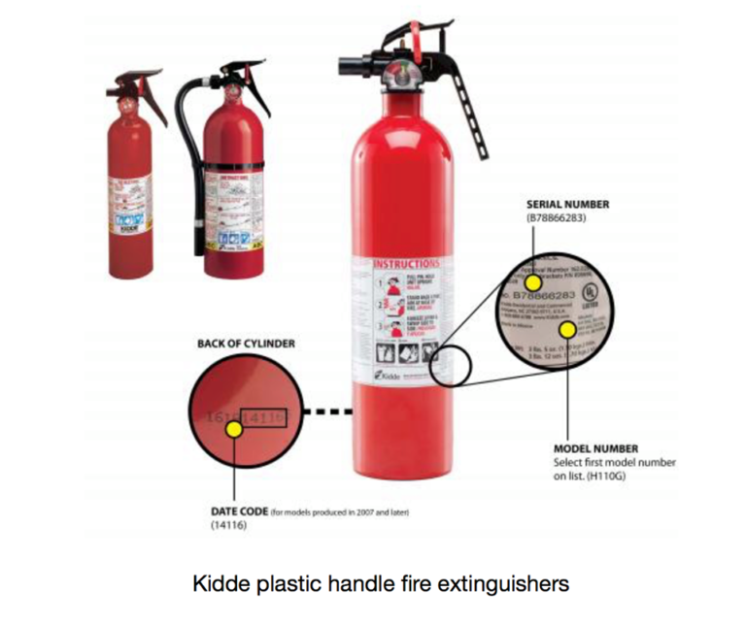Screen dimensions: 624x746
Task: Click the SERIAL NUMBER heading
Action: coord(568,205)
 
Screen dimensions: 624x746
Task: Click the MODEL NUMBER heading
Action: coord(595,449)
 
